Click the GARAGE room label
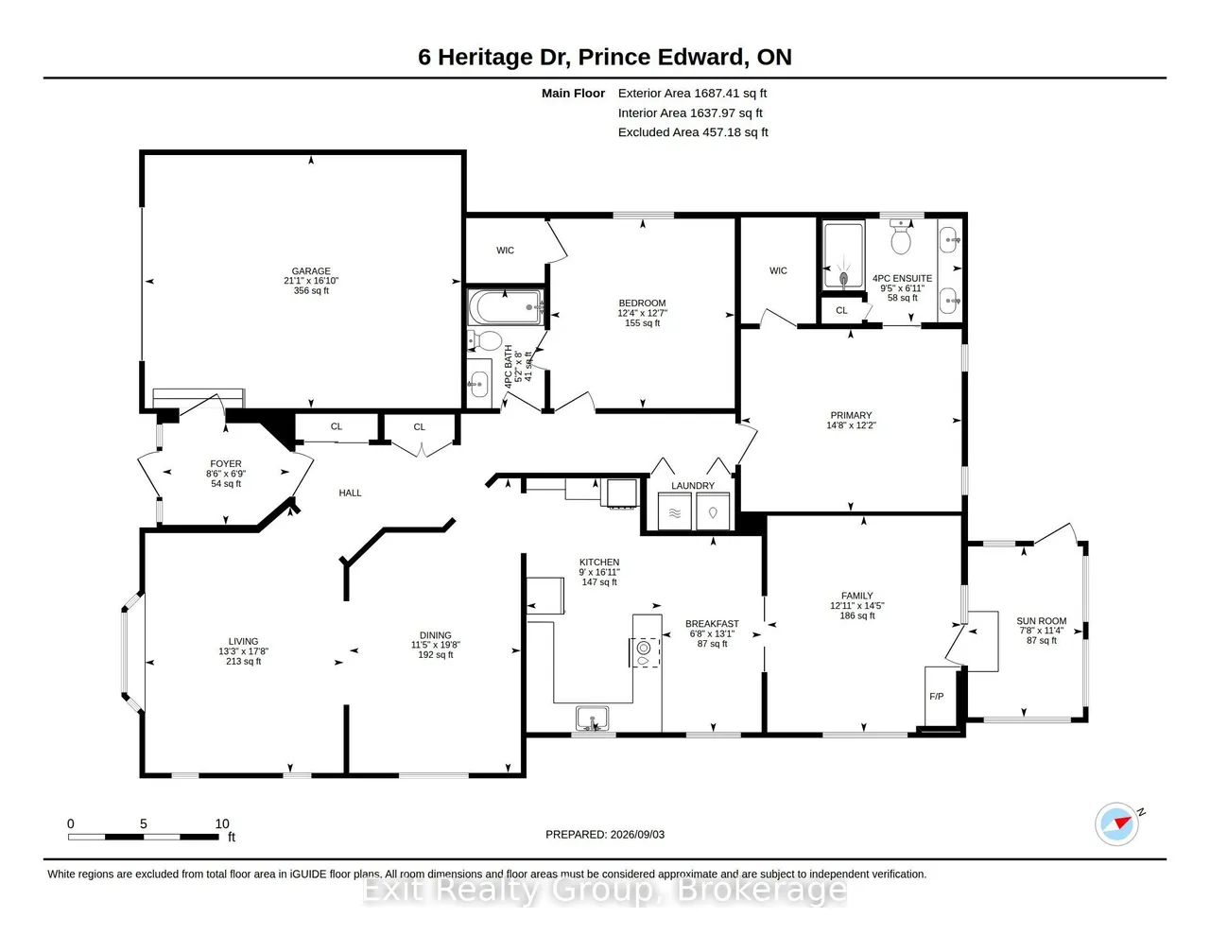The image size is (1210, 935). tap(311, 271)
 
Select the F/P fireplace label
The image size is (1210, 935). tap(936, 696)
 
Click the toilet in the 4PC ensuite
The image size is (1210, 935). tap(900, 236)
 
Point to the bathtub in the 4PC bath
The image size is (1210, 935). tap(505, 307)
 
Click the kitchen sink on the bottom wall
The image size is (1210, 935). tap(592, 718)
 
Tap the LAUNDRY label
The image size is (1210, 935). tap(692, 486)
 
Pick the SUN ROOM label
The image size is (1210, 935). tap(1042, 621)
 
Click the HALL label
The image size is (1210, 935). tap(350, 493)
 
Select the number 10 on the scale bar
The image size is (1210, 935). tap(222, 823)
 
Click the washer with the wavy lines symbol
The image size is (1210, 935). tap(674, 511)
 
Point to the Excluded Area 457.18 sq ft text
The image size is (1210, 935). tap(693, 132)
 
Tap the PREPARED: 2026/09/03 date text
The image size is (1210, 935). tap(605, 834)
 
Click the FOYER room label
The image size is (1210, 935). tap(226, 464)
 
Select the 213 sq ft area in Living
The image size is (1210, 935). tap(243, 662)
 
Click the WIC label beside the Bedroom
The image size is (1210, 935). tap(505, 251)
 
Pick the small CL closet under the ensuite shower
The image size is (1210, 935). tap(841, 310)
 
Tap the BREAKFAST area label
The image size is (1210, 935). tap(712, 624)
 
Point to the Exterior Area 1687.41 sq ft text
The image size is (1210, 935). tap(692, 94)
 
